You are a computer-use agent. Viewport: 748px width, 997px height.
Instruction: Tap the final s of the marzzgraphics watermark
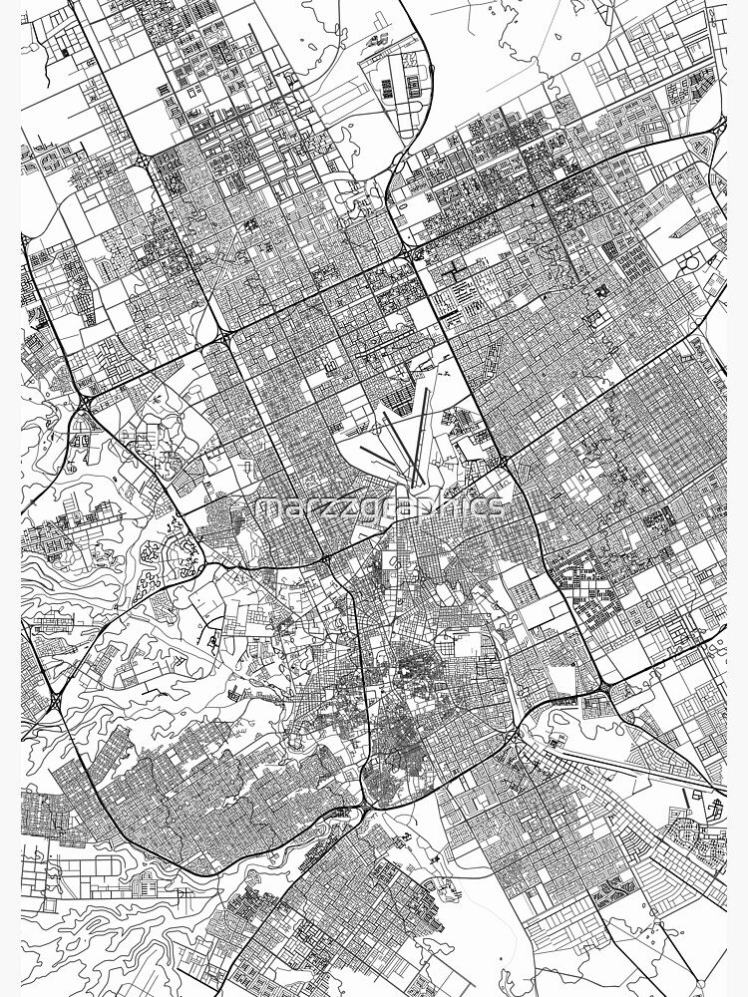tap(497, 506)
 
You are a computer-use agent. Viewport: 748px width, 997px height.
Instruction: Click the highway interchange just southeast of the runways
tap(504, 464)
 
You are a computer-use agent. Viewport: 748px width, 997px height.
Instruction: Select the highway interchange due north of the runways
tap(410, 256)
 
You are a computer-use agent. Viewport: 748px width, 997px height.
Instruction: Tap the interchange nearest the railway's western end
tap(515, 736)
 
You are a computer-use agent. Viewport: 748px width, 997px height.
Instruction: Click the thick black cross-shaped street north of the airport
tap(455, 270)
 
